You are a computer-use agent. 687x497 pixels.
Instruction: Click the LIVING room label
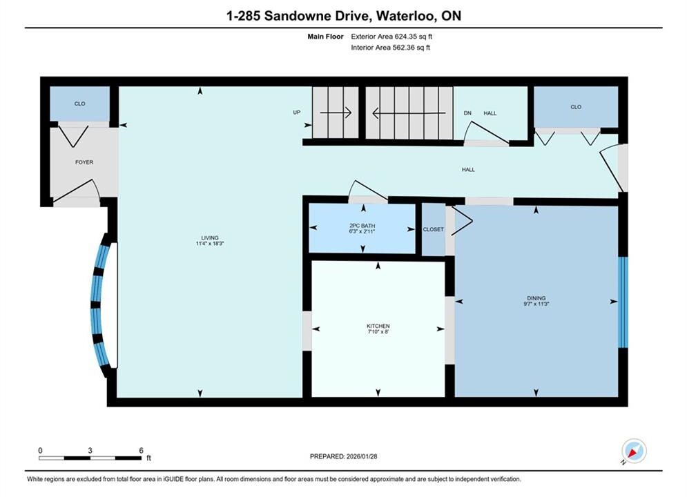point(210,237)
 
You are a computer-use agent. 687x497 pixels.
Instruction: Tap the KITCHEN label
point(378,326)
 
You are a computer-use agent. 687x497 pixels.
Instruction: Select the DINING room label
point(536,298)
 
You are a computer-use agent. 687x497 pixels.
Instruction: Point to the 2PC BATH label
point(362,226)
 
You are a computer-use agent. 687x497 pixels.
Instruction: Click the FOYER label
point(84,162)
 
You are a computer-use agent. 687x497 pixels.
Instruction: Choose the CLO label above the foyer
point(79,104)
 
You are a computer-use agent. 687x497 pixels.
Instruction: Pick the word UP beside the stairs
point(297,112)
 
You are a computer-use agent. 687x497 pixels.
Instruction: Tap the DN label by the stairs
point(467,113)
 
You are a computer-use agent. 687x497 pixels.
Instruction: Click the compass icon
point(634,451)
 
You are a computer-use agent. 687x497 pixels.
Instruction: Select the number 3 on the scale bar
point(90,450)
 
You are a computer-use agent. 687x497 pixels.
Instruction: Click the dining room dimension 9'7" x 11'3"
point(536,304)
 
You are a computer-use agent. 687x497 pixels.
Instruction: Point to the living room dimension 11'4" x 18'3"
point(210,244)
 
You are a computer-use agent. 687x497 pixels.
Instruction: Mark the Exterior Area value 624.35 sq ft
point(414,37)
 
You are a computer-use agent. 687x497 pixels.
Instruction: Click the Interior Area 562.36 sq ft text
point(390,48)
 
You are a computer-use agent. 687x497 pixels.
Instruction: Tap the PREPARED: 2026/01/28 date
point(344,456)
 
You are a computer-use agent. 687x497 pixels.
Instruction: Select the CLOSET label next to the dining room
point(434,229)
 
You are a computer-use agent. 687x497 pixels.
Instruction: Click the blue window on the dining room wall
point(623,302)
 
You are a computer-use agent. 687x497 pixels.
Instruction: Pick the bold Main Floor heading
point(325,37)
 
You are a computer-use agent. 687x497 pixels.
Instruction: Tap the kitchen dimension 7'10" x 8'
point(378,331)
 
